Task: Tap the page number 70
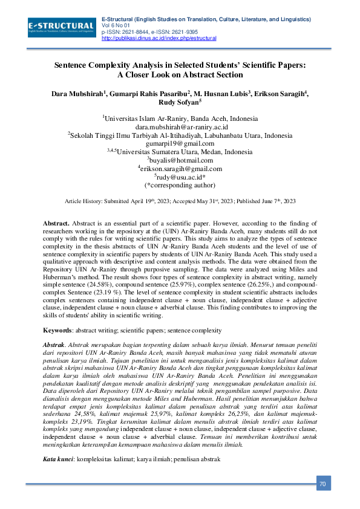coord(323,484)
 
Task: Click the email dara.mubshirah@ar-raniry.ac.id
coord(181,128)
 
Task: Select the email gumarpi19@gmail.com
coord(180,144)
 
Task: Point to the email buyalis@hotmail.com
coord(180,161)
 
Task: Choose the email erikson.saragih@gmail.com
coord(180,169)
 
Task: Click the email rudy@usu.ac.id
coord(180,178)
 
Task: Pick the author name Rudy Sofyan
coord(179,103)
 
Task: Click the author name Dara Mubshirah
coord(80,94)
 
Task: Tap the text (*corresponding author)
coord(180,186)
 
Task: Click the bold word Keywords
coord(59,331)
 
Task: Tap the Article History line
coord(180,201)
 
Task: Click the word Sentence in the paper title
coord(73,65)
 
